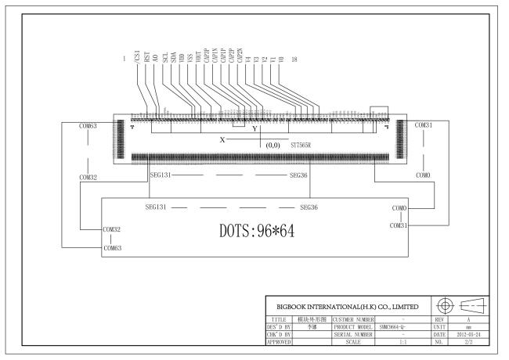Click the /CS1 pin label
139,57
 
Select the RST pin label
147,59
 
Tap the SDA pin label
173,59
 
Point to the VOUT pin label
199,57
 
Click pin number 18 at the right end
294,60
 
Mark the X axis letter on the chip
222,139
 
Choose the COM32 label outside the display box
88,178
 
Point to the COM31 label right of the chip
424,125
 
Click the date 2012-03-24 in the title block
474,334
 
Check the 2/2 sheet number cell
474,342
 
